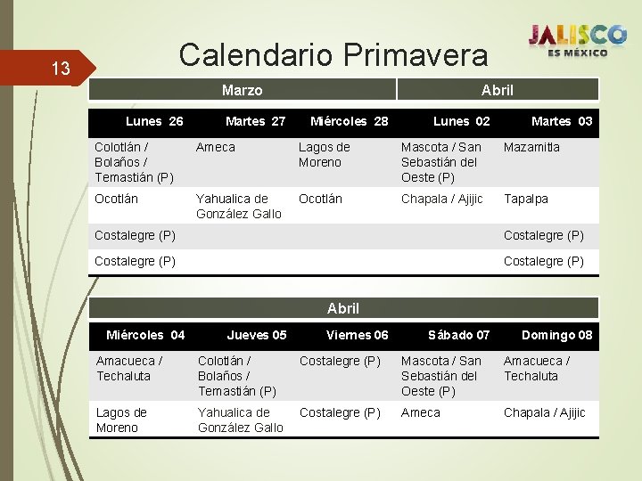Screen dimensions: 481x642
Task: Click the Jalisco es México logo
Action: pos(577,39)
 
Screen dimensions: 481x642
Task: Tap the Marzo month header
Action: pos(242,90)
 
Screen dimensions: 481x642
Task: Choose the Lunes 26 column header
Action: pos(154,121)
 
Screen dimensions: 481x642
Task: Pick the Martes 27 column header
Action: pos(255,121)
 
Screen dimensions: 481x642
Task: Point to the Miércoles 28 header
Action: pos(349,121)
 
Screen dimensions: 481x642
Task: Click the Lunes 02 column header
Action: pos(461,121)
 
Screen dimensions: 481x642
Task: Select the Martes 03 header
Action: pos(562,121)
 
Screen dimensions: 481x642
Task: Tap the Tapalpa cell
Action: pos(526,199)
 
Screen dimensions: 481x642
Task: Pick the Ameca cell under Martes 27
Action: pos(216,147)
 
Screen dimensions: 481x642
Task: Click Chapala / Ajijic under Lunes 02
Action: pos(442,199)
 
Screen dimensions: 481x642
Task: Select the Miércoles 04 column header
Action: pos(145,335)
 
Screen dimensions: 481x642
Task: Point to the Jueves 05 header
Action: pos(257,335)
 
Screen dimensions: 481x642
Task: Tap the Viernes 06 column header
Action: pos(358,335)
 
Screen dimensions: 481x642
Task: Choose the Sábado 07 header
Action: pos(458,335)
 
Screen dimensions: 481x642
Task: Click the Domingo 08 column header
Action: pos(556,335)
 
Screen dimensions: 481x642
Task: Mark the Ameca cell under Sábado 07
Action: pos(421,412)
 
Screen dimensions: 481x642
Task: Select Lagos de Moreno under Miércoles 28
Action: pos(324,154)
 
